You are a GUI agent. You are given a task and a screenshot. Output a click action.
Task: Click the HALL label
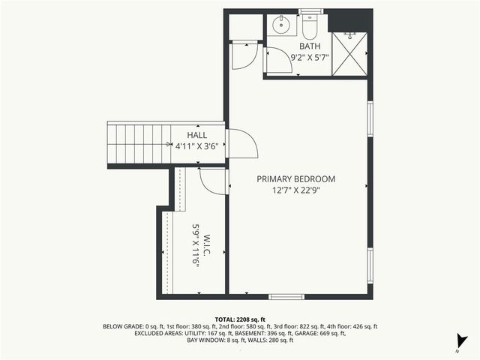(x=196, y=135)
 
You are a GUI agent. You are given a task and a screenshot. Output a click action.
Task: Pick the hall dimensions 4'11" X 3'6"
(x=196, y=146)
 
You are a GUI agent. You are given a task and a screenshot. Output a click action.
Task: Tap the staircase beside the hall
(x=139, y=144)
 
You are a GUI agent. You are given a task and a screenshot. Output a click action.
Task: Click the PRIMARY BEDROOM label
(x=295, y=179)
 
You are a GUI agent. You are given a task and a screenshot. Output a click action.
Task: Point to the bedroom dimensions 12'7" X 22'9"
(x=295, y=190)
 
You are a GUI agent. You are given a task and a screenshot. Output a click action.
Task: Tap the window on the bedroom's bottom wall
(x=286, y=296)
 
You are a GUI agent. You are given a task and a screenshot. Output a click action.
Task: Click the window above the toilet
(x=310, y=11)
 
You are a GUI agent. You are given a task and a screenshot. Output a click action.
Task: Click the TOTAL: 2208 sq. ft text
(x=240, y=319)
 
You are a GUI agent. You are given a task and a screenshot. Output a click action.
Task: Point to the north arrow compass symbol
(x=463, y=341)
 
